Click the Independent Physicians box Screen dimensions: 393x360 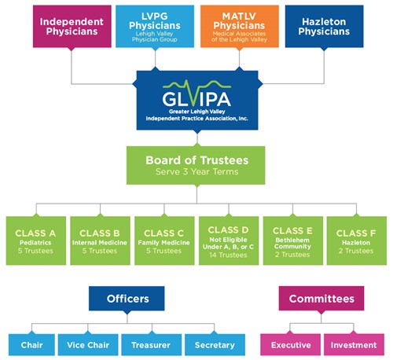coord(72,26)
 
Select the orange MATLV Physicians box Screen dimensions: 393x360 coord(240,26)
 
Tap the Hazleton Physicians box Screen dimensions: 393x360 coord(324,26)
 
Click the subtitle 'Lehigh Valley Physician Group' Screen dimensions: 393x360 coord(155,37)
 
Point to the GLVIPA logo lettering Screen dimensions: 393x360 coord(196,99)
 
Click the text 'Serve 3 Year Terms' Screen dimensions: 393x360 coord(197,171)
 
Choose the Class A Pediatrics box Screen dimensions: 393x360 coord(36,241)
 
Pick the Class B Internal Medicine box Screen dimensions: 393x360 coord(100,241)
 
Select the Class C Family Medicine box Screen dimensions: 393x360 coord(164,241)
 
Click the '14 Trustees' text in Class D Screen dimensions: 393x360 coord(228,255)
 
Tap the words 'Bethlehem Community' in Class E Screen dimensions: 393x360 coord(292,243)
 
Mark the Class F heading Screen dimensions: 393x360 coord(356,233)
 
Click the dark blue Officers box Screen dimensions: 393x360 coord(127,299)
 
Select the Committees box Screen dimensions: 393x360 coord(321,299)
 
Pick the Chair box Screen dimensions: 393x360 coord(31,345)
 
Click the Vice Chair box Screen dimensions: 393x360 coord(88,345)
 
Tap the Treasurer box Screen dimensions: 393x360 coord(151,345)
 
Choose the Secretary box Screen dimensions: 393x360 coord(215,345)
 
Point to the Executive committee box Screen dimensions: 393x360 coord(290,345)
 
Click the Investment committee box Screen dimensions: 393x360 coord(354,345)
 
